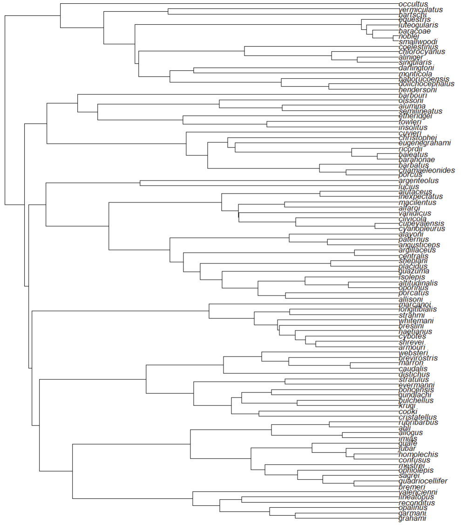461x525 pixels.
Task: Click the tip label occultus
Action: [413, 4]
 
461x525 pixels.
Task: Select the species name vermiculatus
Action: [420, 9]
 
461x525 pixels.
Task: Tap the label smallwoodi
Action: [418, 41]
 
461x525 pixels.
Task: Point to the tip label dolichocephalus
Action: [427, 84]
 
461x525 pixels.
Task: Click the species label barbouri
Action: [413, 95]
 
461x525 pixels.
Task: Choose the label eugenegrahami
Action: [425, 143]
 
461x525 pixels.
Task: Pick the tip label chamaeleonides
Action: [427, 170]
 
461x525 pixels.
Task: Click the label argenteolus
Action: [419, 181]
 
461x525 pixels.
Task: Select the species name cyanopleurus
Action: [422, 229]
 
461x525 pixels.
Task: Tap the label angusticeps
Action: [419, 245]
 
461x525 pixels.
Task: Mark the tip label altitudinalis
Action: [418, 283]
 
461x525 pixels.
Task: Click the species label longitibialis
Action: [418, 309]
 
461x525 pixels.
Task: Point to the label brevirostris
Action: [419, 358]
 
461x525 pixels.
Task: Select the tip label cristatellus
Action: [418, 417]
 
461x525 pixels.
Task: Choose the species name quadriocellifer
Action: [423, 481]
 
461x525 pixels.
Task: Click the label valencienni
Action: [418, 492]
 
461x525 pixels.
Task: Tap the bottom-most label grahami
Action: [412, 518]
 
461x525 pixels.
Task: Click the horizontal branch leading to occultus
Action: [228, 4]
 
